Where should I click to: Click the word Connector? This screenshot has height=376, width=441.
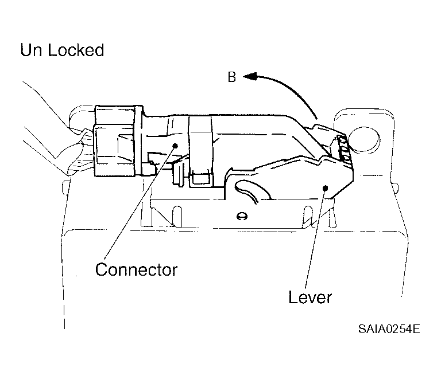coord(136,270)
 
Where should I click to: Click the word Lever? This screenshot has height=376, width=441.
coord(310,297)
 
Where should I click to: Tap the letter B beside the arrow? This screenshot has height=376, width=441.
coord(232,77)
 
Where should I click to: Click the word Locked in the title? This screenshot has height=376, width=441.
coord(76,50)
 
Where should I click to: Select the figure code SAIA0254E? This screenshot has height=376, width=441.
coord(389,328)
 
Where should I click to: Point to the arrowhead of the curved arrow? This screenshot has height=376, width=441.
coord(250,76)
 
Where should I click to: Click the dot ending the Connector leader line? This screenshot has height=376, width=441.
coord(175,146)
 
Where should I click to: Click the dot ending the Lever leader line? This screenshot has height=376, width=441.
coord(326,188)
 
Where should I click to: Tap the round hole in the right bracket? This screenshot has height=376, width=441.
coord(365,139)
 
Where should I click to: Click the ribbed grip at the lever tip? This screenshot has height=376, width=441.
coord(345,149)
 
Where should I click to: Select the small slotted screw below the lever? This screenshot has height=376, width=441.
coord(242,216)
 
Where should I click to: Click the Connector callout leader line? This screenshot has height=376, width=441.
coord(140,202)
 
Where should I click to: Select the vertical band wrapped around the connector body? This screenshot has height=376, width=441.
coord(201,152)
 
